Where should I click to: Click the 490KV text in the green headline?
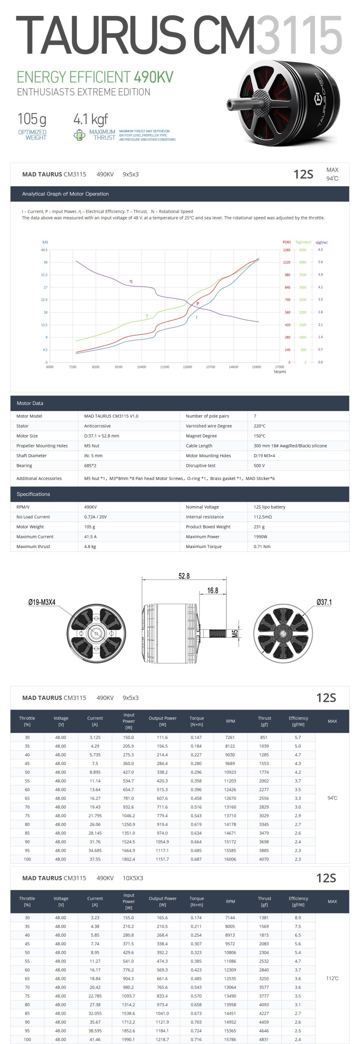click(153, 77)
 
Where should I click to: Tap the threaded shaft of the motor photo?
click(234, 104)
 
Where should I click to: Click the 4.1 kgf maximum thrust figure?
click(91, 119)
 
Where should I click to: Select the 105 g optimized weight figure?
click(32, 119)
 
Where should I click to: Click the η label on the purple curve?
click(131, 281)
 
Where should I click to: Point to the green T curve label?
click(147, 316)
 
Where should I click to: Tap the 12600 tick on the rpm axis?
click(188, 367)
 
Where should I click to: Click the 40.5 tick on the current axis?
click(44, 250)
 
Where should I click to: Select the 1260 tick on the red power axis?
click(287, 250)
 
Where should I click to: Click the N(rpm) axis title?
click(280, 372)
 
